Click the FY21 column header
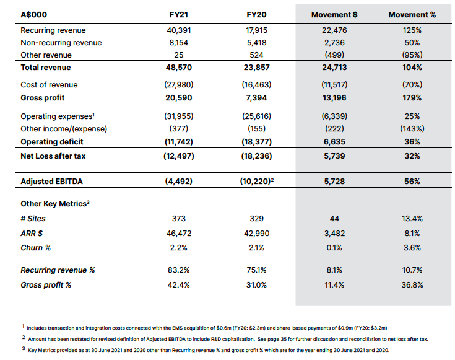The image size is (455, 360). click(179, 14)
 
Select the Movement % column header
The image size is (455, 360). click(412, 14)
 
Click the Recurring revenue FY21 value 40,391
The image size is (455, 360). click(179, 30)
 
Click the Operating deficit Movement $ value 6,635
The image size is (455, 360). click(334, 141)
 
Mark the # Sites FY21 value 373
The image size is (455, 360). click(179, 219)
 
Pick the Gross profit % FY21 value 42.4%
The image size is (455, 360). click(179, 285)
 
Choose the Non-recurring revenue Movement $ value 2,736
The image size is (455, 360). click(334, 43)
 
